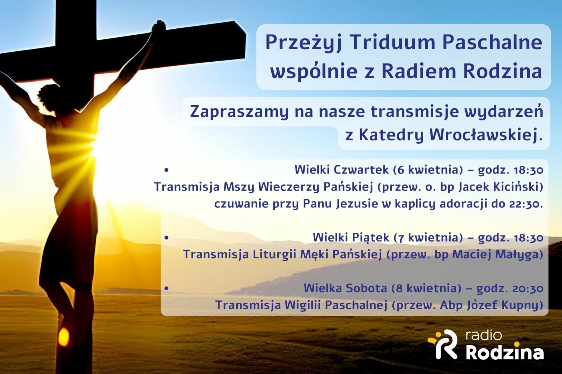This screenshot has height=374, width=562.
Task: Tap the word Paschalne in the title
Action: click(492, 42)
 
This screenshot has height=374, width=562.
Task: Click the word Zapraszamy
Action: click(239, 112)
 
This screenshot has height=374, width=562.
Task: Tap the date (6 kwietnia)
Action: click(428, 170)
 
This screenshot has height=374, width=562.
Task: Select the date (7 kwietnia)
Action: click(428, 238)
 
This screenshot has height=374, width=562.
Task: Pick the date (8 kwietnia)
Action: click(426, 288)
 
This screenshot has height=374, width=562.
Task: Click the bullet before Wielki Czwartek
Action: click(166, 170)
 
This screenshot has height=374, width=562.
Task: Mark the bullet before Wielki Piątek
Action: click(166, 238)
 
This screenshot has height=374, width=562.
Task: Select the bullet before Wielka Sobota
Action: click(166, 288)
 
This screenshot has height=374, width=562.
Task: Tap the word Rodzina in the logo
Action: click(505, 353)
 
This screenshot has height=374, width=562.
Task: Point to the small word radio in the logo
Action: click(484, 336)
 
